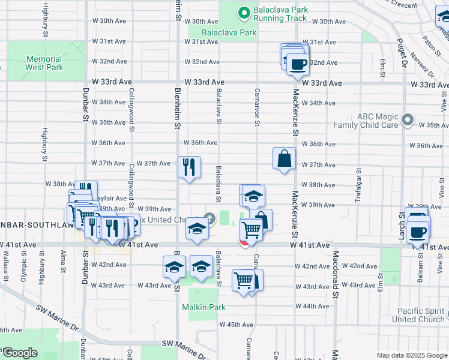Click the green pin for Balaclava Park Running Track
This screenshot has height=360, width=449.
click(244, 13)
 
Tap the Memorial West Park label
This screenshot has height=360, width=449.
click(44, 63)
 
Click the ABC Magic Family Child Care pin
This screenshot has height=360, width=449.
click(408, 120)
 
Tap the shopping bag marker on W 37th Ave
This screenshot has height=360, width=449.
click(285, 159)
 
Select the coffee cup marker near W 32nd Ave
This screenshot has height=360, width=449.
click(297, 64)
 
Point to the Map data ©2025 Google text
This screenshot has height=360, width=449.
click(411, 355)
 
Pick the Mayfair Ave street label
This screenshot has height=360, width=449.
click(111, 198)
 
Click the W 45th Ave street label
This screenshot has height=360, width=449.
click(237, 325)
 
